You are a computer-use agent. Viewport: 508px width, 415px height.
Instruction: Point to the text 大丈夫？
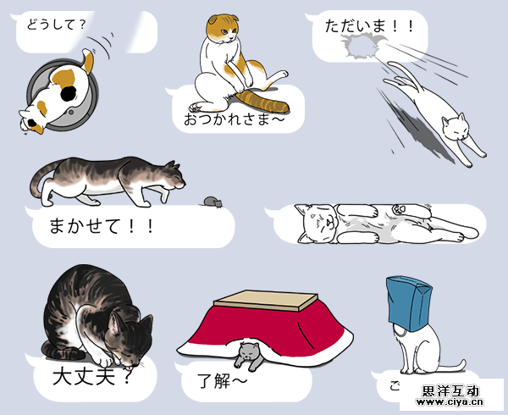91,373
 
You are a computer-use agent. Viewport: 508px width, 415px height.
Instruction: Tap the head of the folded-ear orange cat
223,31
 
